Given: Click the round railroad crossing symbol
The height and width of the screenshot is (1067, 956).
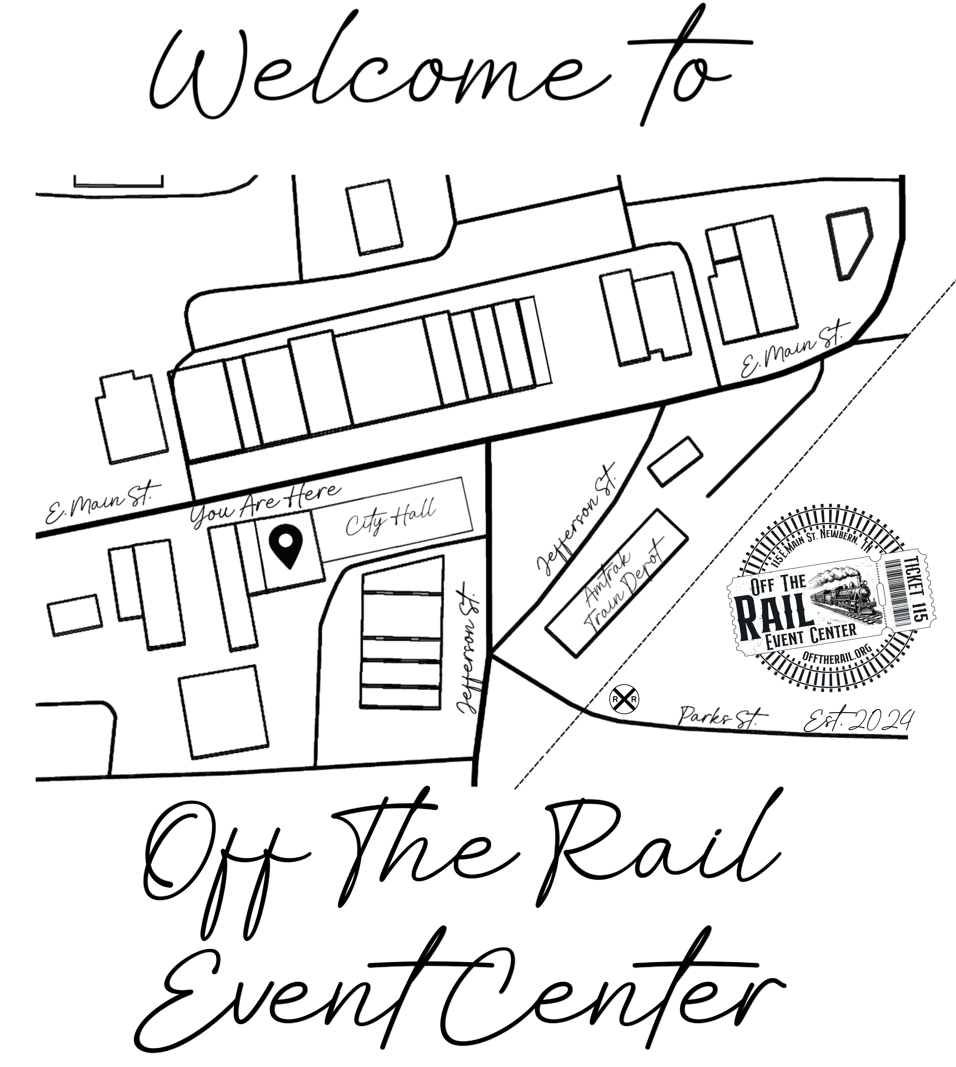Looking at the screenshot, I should [623, 699].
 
